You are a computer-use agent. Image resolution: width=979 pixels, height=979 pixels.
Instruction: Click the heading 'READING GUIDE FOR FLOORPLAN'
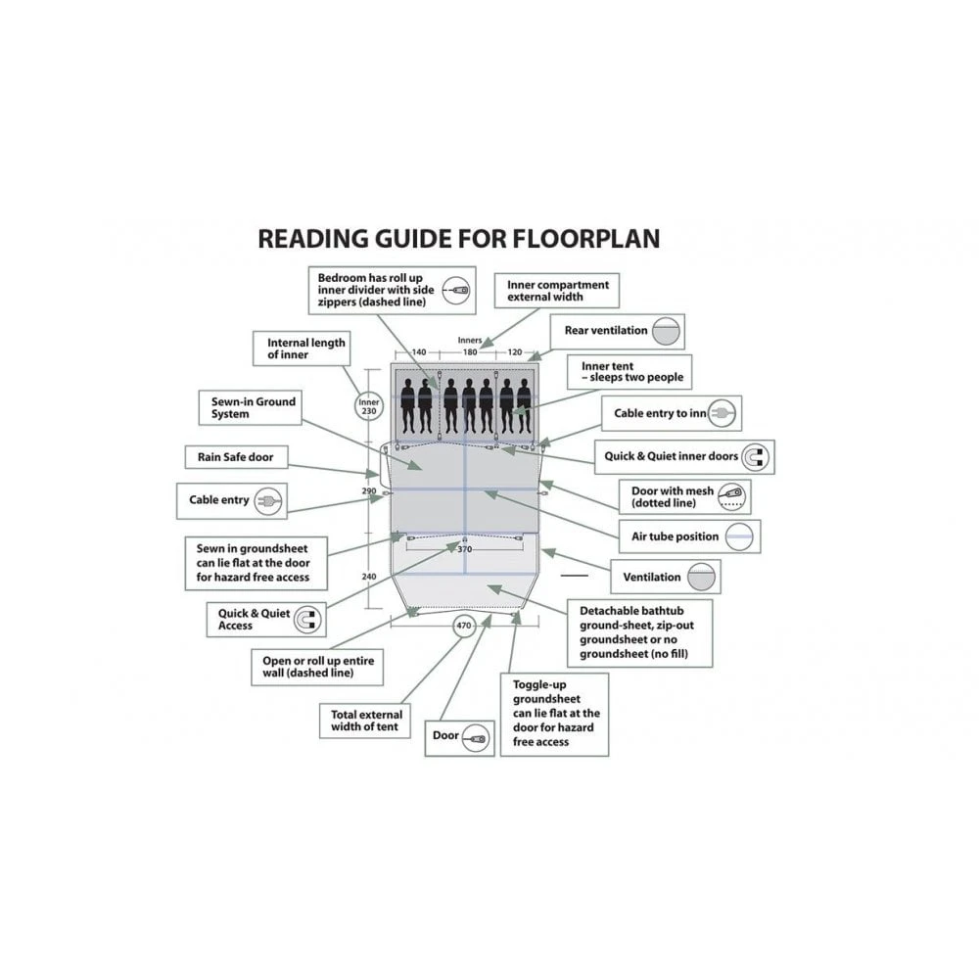(458, 238)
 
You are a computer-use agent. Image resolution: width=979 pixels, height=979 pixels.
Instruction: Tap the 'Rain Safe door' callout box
(235, 457)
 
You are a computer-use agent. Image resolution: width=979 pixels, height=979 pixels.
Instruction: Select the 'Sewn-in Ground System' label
(253, 407)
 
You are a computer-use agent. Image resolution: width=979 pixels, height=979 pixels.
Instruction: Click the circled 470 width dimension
(464, 626)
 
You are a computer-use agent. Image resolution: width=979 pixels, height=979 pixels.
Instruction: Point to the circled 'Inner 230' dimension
(368, 407)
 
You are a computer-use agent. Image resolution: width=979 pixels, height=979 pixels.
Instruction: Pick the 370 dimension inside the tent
(464, 550)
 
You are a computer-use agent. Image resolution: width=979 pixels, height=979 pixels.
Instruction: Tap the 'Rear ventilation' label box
(617, 331)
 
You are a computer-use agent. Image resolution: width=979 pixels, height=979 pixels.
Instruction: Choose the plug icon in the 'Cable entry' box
(267, 500)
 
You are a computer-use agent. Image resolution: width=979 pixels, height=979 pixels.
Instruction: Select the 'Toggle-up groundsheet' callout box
(553, 714)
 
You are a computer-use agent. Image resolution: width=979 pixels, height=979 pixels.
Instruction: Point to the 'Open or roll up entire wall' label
(312, 668)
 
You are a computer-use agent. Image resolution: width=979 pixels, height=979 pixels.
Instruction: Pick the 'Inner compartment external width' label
(557, 291)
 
